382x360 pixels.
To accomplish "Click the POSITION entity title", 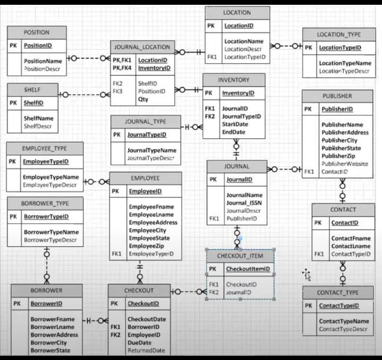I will point(37,32).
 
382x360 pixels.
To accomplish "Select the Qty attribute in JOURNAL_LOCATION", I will point(143,99).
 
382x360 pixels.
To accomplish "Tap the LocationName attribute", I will point(244,41).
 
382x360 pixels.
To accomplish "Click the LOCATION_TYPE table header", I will point(338,35).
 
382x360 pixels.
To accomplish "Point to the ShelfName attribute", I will point(39,118).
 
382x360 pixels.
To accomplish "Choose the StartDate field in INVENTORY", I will point(235,124).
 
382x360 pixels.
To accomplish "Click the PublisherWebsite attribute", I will point(345,164).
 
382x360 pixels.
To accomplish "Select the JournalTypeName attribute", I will point(151,150).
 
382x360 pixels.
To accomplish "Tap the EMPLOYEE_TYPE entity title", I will point(45,148).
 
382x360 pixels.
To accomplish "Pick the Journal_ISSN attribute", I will point(244,203).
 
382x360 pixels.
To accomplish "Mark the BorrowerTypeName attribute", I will point(51,232).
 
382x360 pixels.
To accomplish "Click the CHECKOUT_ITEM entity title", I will point(240,256).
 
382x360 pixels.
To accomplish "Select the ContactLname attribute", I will point(351,246).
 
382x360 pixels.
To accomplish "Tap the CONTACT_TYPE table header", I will point(337,292).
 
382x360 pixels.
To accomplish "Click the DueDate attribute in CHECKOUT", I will point(139,343).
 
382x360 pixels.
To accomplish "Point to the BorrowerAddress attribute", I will point(54,335).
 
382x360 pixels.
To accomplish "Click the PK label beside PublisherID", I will point(308,110).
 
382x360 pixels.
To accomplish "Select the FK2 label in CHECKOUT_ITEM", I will point(214,292).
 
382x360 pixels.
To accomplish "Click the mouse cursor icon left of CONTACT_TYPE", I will point(307,274).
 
